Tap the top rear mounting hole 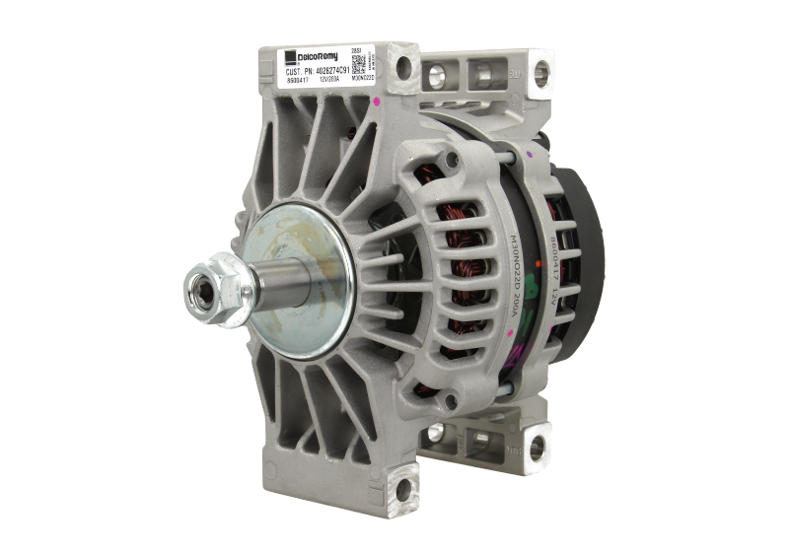(539, 70)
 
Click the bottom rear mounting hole (536, 449)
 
